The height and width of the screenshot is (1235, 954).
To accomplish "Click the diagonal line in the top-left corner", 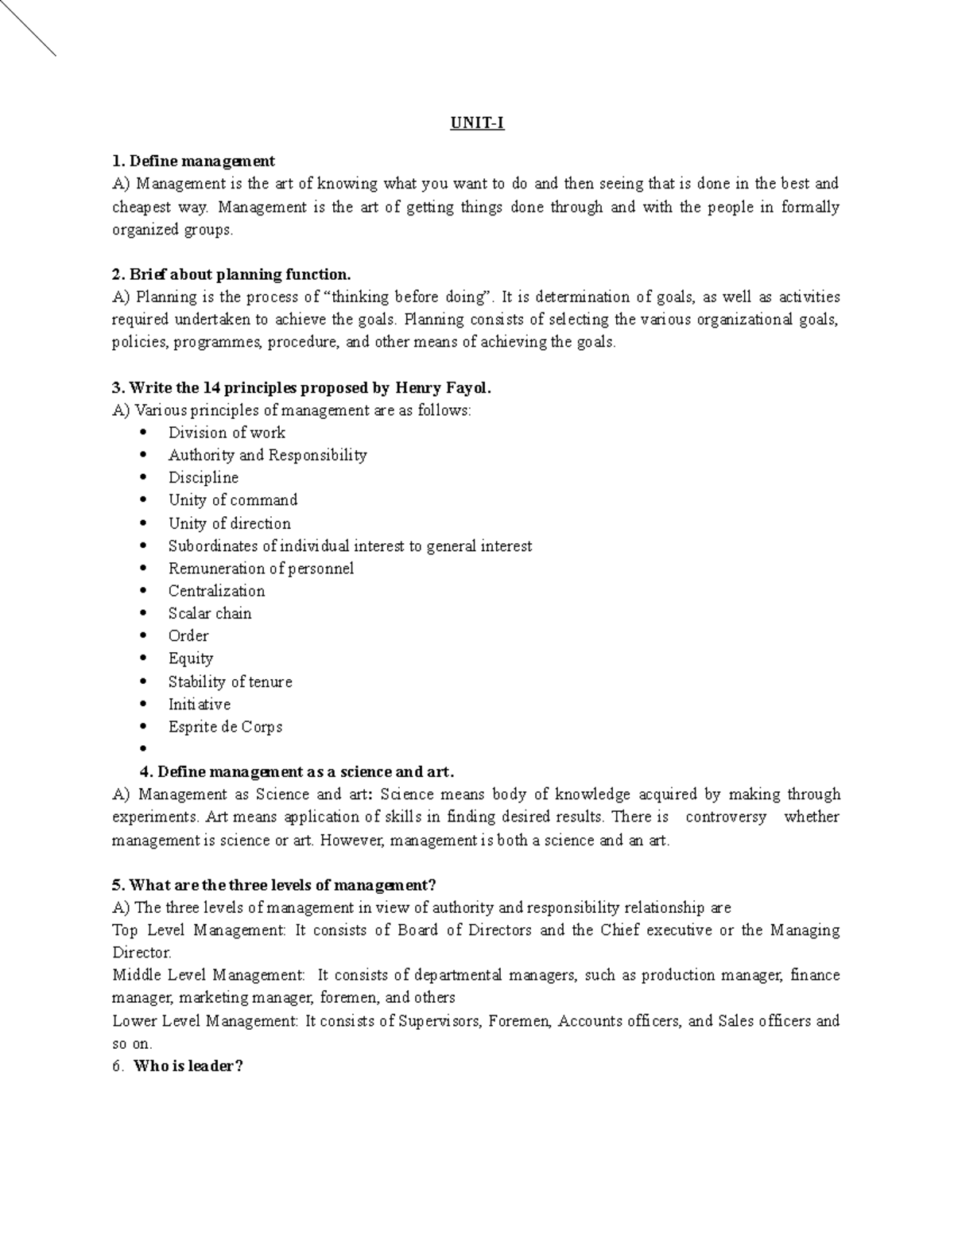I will [28, 27].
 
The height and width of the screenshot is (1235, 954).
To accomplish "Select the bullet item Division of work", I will [227, 433].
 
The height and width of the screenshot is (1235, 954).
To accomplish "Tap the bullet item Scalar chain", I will [210, 613].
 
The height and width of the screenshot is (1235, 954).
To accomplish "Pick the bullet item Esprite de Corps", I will [225, 726].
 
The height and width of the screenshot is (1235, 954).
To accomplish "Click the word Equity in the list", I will [191, 658].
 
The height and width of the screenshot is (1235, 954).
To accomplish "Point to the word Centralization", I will [216, 591].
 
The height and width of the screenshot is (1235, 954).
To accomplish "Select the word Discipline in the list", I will [204, 477].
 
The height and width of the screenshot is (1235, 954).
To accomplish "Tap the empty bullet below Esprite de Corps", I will [143, 748].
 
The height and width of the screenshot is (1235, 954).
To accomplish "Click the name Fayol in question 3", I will [468, 388].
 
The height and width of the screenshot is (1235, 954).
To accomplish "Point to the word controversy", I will [726, 817].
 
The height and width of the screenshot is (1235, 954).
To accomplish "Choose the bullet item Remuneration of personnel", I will [261, 569].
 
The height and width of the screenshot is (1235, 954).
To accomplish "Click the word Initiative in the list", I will [200, 704].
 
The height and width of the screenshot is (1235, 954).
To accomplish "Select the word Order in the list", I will [188, 635].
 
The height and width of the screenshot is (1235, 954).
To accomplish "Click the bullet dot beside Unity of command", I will [143, 500].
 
